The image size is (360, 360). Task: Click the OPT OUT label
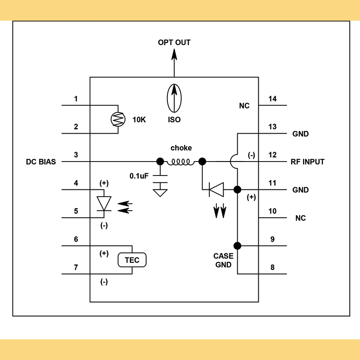coord(174,43)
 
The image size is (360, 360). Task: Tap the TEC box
coord(132,260)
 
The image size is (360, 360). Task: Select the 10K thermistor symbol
coord(117,119)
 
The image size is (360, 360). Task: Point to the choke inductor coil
coord(180,162)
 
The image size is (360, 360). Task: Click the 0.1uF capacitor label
coord(139,176)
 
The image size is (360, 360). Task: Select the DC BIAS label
coord(41,162)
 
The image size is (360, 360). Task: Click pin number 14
coord(272,99)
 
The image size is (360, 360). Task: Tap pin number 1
coord(76,99)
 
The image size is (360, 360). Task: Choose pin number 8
coord(272,267)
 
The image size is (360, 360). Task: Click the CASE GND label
coord(223,261)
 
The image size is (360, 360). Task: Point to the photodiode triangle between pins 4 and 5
coord(105,203)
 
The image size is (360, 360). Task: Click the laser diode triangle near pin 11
coord(216,189)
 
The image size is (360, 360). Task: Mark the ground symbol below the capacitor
coord(159,193)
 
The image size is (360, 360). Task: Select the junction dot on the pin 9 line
coord(237,246)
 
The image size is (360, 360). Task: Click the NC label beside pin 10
coord(300,218)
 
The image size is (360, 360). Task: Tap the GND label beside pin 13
coord(300,134)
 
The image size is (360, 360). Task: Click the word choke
coord(181,148)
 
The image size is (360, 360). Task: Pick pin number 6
coord(76,239)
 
